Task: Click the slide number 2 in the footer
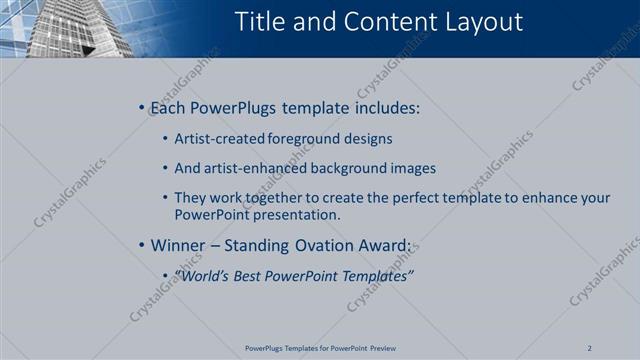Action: point(589,348)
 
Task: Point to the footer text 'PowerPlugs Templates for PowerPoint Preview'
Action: point(319,348)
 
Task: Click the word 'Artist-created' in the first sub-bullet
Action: point(213,139)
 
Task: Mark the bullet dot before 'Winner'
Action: point(142,244)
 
